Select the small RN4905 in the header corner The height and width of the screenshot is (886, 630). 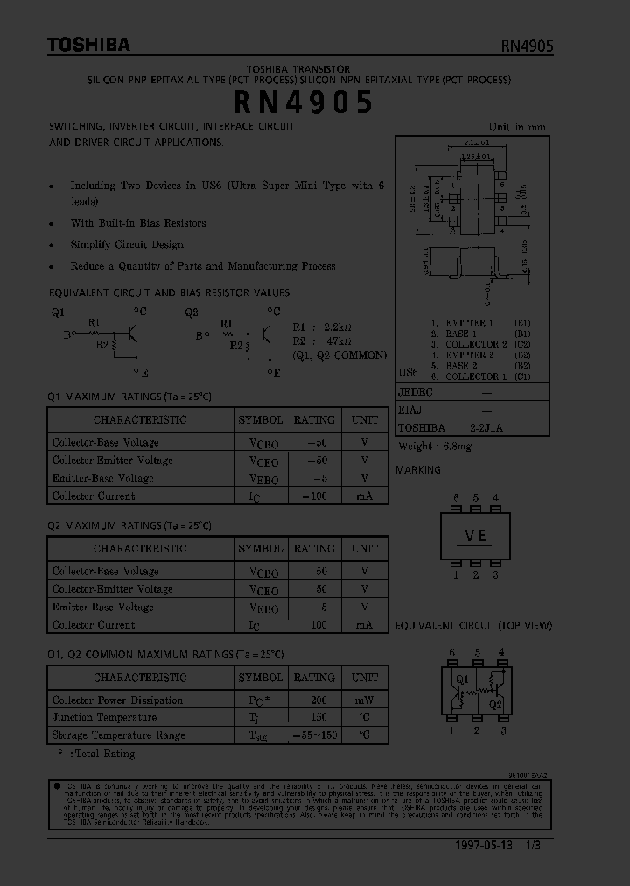click(x=527, y=47)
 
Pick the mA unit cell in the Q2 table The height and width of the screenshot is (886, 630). click(x=364, y=625)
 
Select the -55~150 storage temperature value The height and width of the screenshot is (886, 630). click(x=313, y=735)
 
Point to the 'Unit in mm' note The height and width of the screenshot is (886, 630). click(x=516, y=127)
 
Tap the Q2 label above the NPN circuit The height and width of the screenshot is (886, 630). click(x=192, y=312)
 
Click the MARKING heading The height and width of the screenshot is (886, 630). click(x=418, y=470)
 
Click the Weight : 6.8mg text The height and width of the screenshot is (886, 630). click(x=435, y=446)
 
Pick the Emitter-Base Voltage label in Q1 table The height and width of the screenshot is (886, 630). click(x=102, y=478)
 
